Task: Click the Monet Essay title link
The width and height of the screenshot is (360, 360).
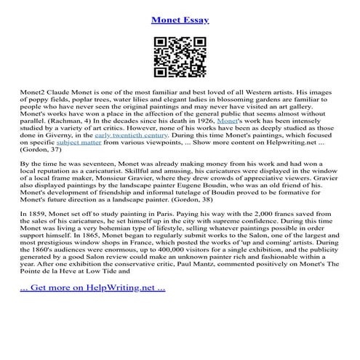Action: (180, 20)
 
